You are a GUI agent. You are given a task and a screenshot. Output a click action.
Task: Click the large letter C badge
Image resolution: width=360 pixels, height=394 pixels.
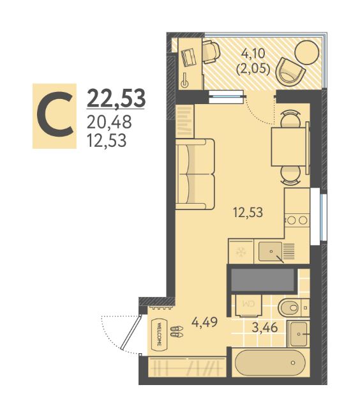tap(54, 116)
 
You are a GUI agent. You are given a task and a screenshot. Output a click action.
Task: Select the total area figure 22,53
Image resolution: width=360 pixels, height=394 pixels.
tap(116, 98)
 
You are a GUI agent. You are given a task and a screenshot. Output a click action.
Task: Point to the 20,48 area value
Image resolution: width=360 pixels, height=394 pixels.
tap(109, 122)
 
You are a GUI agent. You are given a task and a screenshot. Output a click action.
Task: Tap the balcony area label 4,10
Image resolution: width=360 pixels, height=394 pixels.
tap(253, 53)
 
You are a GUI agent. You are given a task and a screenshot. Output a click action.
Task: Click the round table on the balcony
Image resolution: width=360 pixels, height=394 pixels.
tap(306, 53)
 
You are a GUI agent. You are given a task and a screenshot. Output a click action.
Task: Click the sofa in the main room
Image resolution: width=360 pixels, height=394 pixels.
tap(195, 174)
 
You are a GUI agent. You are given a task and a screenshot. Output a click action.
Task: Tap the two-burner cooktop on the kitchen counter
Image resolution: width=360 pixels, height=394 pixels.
tap(297, 220)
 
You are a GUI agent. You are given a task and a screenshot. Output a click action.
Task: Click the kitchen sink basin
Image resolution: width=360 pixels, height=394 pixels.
tap(271, 252)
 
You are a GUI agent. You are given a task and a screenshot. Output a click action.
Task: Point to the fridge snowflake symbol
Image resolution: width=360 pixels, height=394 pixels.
tap(241, 252)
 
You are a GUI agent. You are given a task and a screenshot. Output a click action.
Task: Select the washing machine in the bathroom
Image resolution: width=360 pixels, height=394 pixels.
tap(248, 305)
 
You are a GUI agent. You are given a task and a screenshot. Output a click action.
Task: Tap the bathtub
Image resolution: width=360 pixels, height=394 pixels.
tap(270, 363)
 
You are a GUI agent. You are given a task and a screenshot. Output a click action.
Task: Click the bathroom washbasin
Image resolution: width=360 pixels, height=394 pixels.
tap(298, 334)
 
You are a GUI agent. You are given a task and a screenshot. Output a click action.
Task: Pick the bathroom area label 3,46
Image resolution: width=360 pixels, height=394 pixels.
tap(265, 328)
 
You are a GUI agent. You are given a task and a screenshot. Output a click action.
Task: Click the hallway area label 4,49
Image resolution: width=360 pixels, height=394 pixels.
tap(204, 322)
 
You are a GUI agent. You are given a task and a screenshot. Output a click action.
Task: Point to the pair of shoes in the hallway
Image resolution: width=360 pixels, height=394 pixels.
tap(177, 331)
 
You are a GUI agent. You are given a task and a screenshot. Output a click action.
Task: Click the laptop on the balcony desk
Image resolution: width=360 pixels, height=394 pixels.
tap(188, 58)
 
